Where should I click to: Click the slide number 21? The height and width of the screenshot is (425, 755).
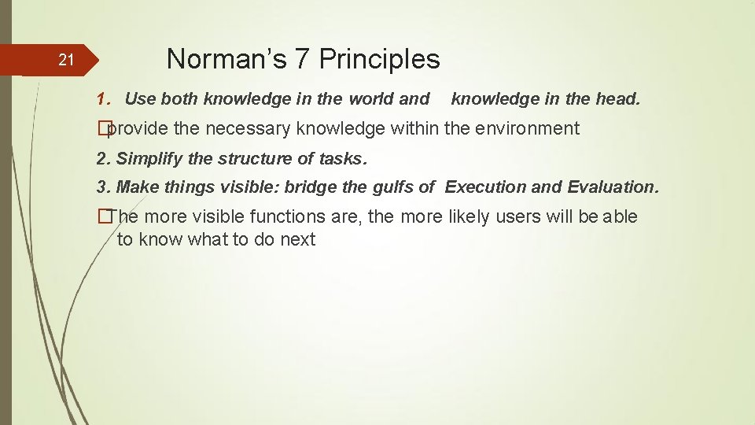click(67, 60)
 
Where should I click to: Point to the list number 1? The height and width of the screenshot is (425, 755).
click(101, 99)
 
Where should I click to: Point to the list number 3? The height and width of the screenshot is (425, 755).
click(101, 187)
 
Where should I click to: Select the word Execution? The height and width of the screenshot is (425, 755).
click(481, 187)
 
